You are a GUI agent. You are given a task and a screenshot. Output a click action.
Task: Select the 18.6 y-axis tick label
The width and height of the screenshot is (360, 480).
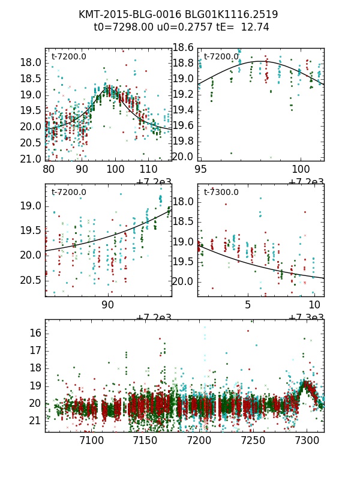[182, 48]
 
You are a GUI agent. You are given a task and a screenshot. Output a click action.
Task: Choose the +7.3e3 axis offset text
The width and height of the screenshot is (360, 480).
[305, 318]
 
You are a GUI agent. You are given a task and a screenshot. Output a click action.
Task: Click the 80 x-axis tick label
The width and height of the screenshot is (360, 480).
[49, 170]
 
